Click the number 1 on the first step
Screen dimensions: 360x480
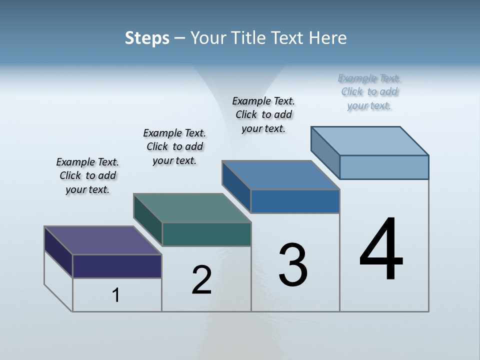point(116,295)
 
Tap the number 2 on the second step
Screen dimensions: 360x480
point(201,280)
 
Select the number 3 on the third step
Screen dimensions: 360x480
point(293,265)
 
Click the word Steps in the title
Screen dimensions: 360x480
point(147,38)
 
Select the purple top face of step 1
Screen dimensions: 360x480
point(102,240)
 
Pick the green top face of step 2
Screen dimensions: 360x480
point(192,208)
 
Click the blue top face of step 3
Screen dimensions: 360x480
point(280,175)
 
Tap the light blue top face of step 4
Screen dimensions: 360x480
point(370,141)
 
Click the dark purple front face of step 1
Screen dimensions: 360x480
point(117,266)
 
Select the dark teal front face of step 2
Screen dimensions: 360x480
point(206,234)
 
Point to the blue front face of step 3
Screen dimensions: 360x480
point(295,201)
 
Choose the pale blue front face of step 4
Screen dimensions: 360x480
point(384,167)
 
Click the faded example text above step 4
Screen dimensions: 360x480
point(369,92)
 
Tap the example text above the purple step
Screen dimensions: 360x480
point(87,176)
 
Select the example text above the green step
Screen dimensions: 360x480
point(174,147)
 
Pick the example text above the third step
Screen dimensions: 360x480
point(263,115)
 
